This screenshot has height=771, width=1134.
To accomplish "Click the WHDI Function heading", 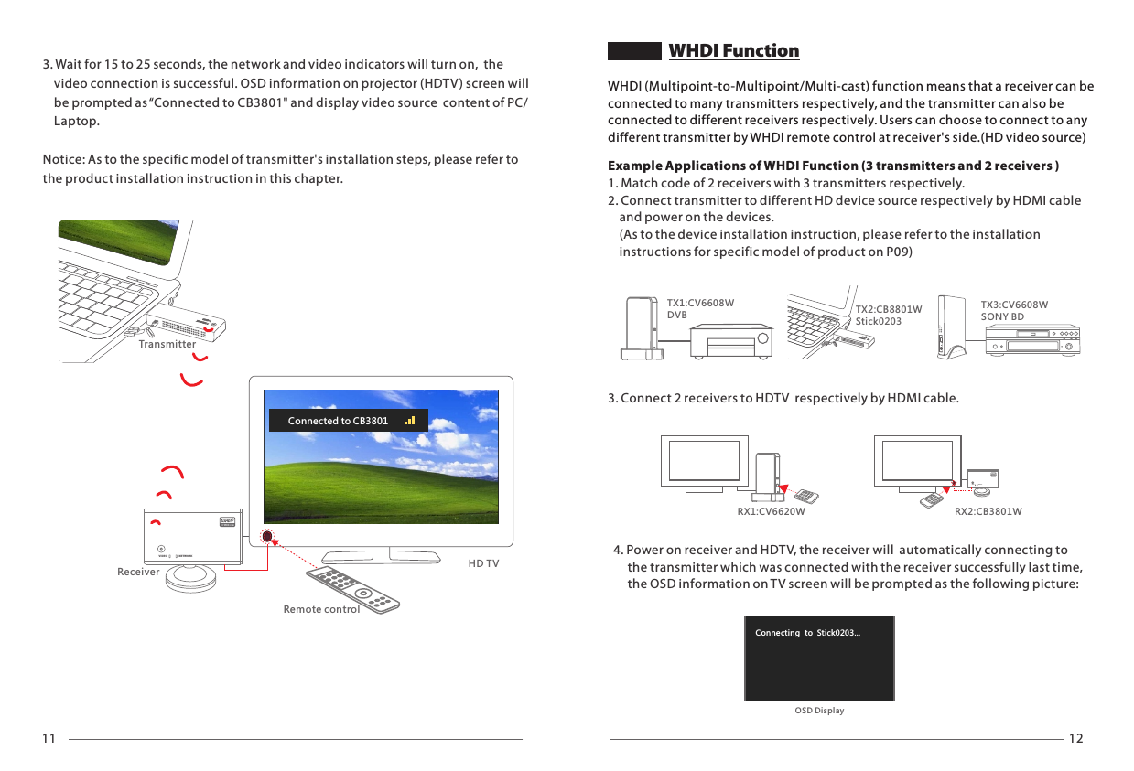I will (734, 51).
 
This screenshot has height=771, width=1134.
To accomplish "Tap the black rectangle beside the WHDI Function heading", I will (635, 51).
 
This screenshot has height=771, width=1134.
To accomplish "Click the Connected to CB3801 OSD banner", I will (338, 421).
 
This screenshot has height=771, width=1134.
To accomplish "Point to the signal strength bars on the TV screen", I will (409, 421).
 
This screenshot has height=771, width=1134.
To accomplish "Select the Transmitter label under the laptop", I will (167, 345).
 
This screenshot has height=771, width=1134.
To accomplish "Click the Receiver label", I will (138, 572).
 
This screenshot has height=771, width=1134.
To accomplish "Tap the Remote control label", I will (321, 609).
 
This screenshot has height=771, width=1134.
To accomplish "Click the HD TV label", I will (483, 563).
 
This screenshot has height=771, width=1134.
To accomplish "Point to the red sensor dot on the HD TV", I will (266, 537).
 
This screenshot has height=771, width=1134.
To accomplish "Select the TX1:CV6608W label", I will (700, 303).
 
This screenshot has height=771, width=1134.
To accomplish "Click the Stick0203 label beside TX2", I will (878, 321).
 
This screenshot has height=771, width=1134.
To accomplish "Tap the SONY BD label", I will (1002, 316).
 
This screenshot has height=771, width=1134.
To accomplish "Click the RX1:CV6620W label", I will (771, 512).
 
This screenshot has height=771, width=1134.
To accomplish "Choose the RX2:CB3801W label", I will (988, 512).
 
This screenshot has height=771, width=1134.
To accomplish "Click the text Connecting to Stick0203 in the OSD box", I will (807, 633).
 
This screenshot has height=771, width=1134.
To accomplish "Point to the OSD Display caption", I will (819, 711).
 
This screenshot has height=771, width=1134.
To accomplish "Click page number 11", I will (49, 739).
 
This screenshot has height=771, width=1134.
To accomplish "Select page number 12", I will (1075, 739).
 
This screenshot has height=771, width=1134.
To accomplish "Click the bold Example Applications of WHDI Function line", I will (834, 166).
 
